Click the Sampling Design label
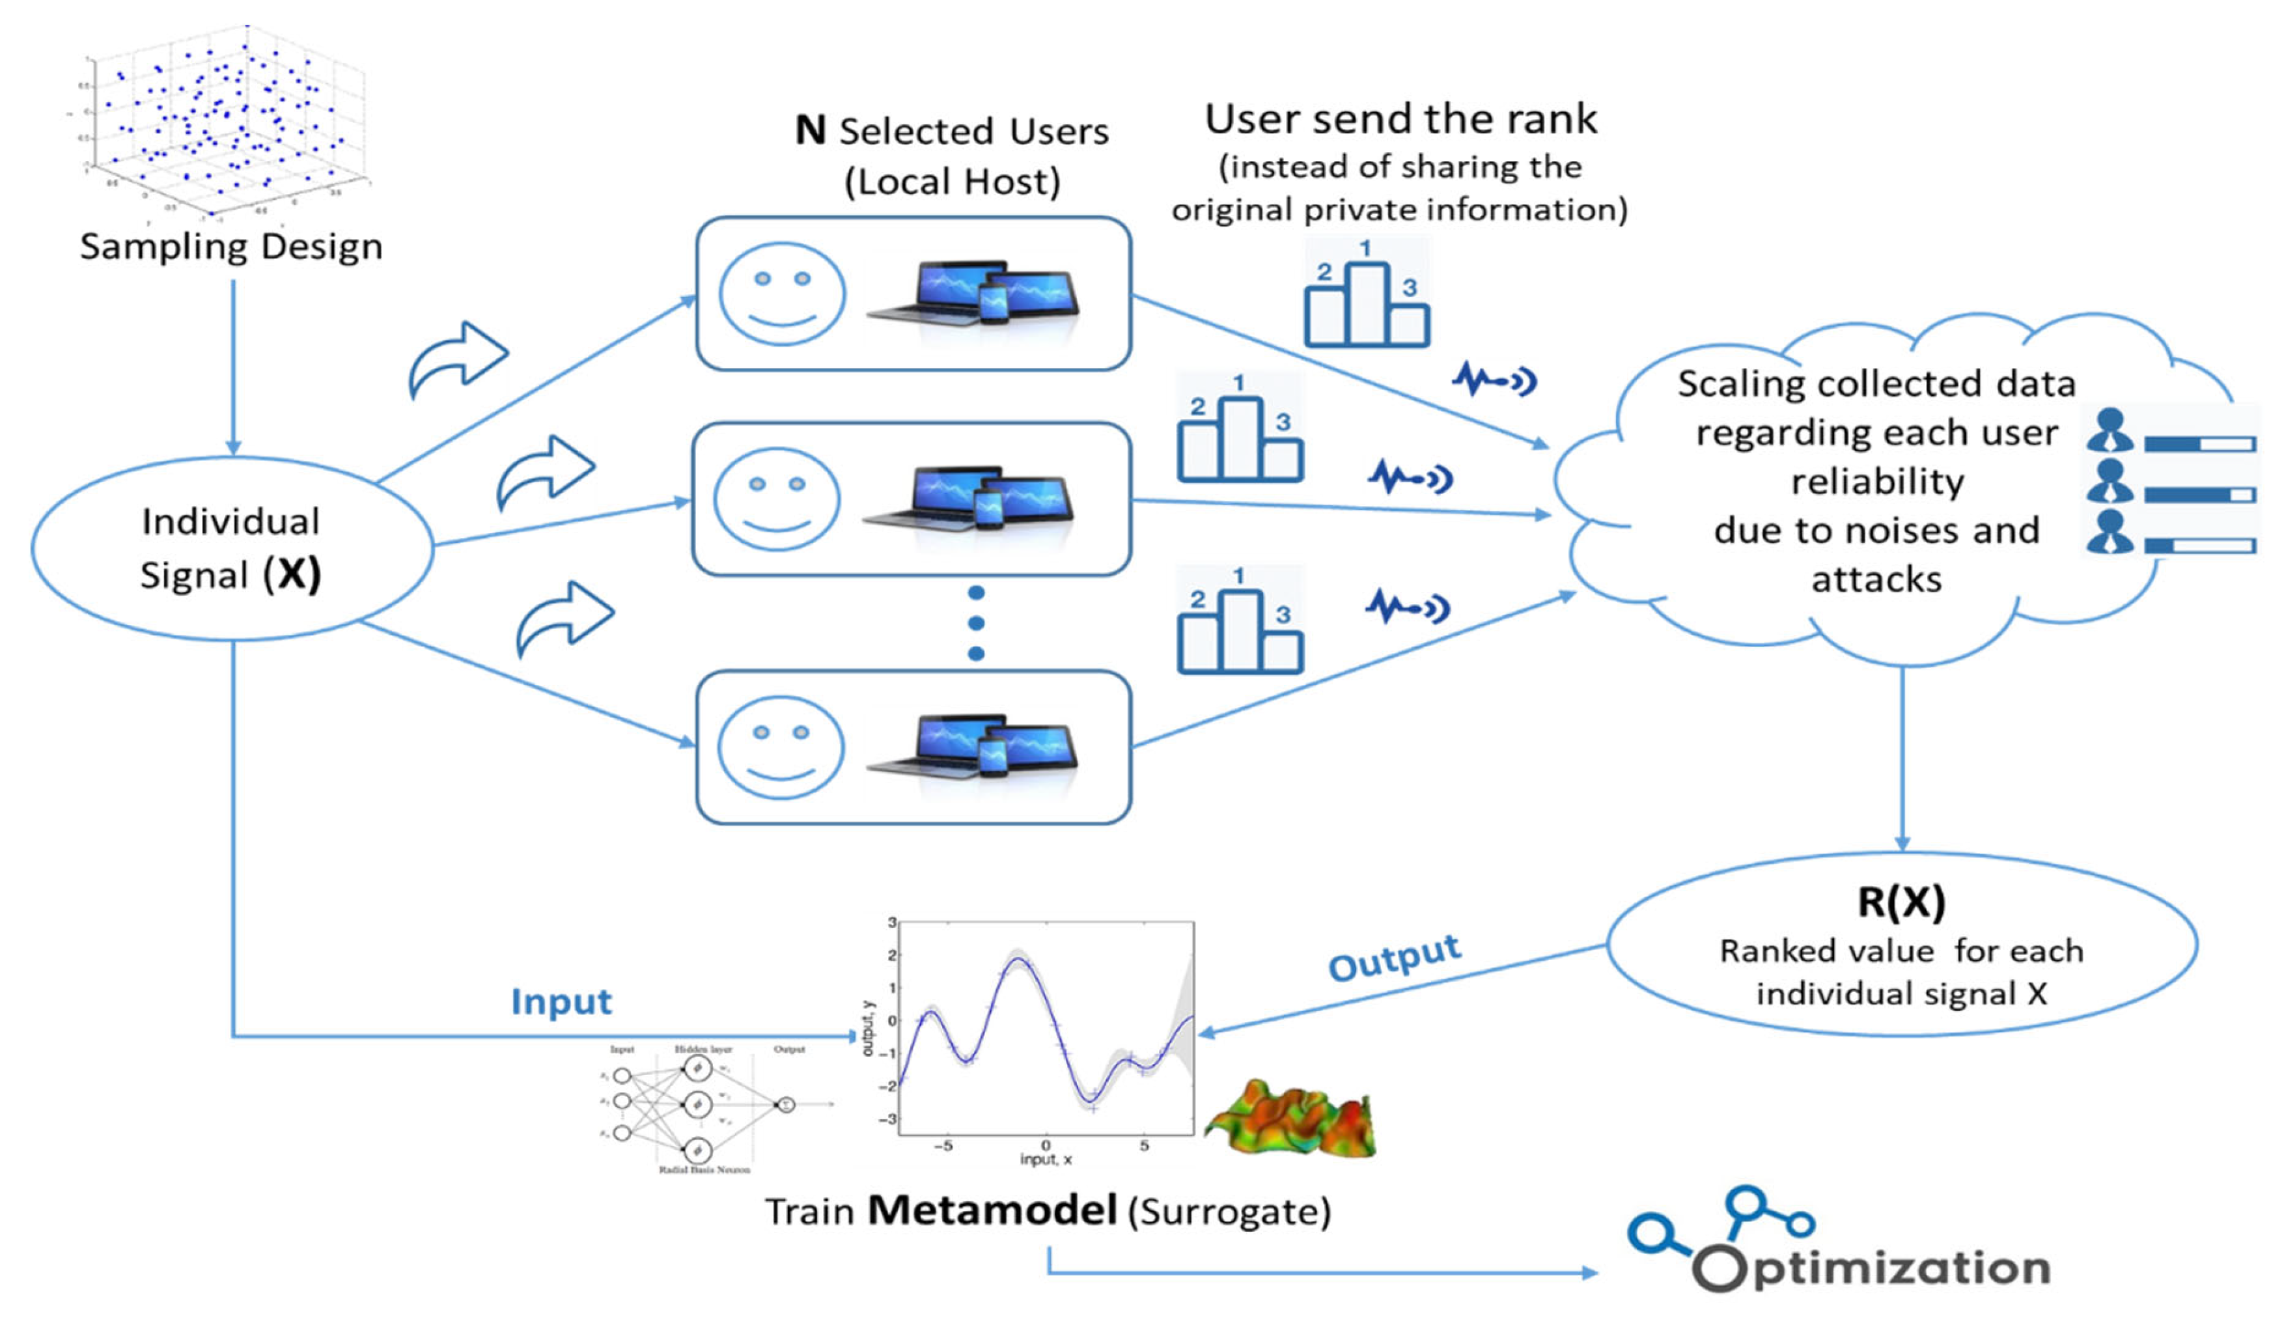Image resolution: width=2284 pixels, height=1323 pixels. pos(231,247)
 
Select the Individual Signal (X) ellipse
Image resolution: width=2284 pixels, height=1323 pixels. pos(231,548)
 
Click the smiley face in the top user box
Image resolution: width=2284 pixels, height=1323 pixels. pos(782,293)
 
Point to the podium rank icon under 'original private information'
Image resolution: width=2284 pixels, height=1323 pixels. pos(1366,294)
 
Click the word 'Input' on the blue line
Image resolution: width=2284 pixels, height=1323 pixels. pos(561,1001)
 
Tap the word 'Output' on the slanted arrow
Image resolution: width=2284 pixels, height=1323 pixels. pos(1394,958)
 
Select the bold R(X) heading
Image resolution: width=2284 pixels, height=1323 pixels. pos(1901,902)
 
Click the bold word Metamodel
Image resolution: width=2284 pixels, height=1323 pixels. pos(992,1210)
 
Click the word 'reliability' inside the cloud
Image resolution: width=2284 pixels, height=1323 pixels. pos(1877,481)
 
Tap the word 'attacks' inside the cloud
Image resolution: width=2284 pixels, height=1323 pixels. pos(1876,579)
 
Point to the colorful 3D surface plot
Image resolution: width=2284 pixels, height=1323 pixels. pos(1292,1119)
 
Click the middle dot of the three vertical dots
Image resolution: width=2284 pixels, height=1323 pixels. pos(976,624)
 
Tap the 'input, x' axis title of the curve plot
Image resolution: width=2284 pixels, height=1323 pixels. pos(1045,1159)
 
